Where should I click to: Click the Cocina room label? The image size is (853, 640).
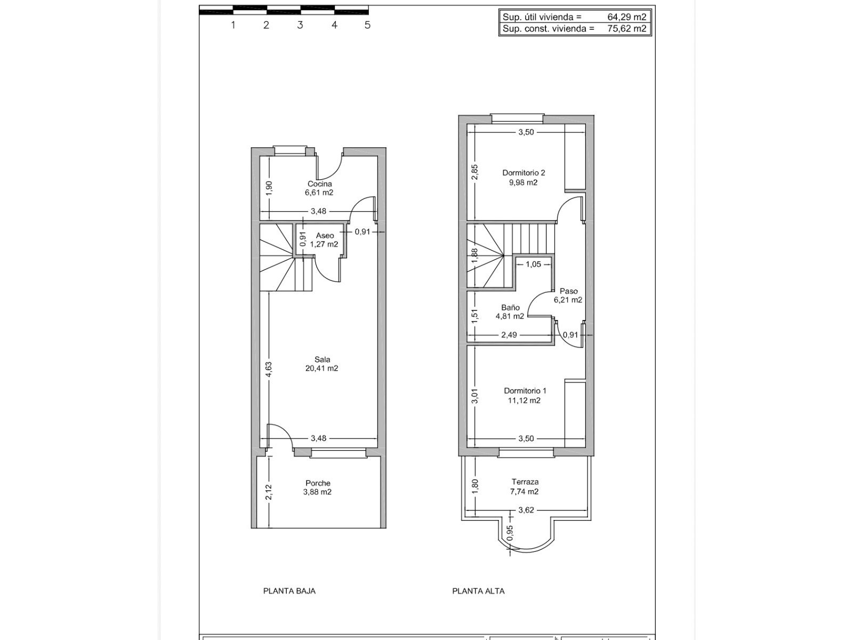[x=319, y=184]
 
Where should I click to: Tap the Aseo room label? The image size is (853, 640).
[x=325, y=236]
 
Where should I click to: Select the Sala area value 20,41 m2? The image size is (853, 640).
[x=321, y=369]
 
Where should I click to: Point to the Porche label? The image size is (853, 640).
[x=318, y=483]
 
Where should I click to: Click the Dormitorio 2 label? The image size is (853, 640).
[x=524, y=173]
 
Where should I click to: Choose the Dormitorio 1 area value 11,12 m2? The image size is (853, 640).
[x=524, y=401]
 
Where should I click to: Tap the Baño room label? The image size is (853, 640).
[x=510, y=307]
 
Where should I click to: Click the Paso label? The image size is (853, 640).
[x=568, y=291]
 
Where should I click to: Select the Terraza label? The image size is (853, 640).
[x=525, y=482]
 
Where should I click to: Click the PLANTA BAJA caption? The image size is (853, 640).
[x=289, y=591]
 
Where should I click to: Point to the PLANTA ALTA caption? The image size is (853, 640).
[x=478, y=591]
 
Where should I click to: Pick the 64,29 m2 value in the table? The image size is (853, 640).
[x=627, y=17]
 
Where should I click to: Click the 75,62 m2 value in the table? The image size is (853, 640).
[x=627, y=28]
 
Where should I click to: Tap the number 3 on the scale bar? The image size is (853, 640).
[x=300, y=25]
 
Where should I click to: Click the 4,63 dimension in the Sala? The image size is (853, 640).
[x=269, y=369]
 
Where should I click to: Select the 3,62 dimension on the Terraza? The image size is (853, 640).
[x=526, y=510]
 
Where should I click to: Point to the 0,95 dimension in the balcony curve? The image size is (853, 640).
[x=510, y=533]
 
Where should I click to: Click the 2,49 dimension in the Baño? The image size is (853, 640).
[x=509, y=334]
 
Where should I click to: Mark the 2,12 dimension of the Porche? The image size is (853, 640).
[x=269, y=492]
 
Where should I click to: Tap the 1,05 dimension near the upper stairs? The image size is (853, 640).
[x=533, y=264]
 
